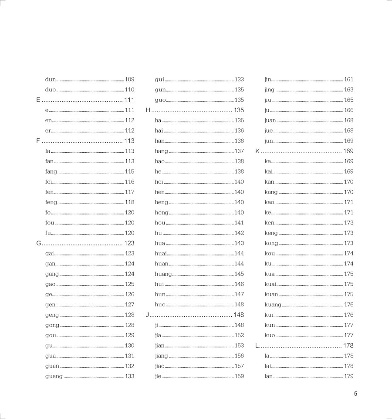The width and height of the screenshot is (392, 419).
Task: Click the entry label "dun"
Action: click(51, 80)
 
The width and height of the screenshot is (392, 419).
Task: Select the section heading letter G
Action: click(38, 243)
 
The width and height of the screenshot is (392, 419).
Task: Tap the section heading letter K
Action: click(257, 151)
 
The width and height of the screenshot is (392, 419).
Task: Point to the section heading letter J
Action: click(148, 315)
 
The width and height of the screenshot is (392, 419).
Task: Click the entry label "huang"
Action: click(163, 274)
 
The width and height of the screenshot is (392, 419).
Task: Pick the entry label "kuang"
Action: click(273, 305)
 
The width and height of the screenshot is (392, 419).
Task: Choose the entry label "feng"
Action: click(51, 202)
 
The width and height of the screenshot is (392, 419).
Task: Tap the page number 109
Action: click(130, 80)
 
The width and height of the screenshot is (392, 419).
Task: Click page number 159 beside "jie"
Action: click(239, 376)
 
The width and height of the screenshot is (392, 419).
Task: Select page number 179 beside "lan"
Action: click(349, 376)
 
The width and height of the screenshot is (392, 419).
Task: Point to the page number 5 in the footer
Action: click(355, 394)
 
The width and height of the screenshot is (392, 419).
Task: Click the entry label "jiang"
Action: click(161, 356)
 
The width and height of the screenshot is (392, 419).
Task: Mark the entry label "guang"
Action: click(54, 376)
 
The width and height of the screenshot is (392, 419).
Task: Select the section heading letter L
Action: click(257, 345)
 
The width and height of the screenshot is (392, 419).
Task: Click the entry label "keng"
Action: click(271, 233)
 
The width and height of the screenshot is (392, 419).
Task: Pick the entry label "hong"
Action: click(162, 213)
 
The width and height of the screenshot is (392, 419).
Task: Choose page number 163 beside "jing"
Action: click(349, 90)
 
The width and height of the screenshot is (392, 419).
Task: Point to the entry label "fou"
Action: click(50, 223)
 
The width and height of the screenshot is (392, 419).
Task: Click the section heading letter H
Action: click(148, 110)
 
